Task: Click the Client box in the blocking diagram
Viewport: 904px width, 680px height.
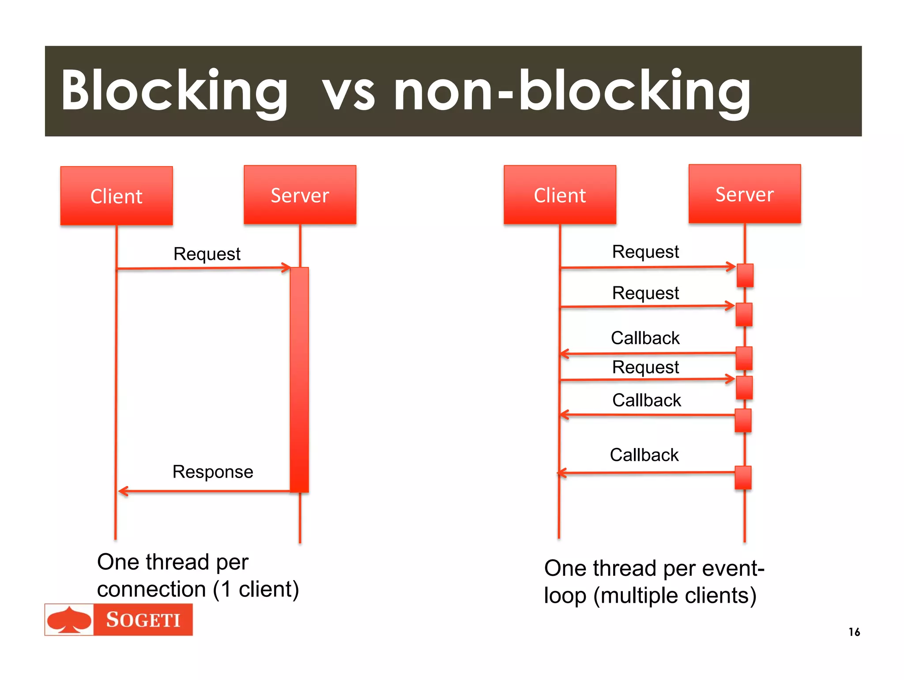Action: pyautogui.click(x=117, y=196)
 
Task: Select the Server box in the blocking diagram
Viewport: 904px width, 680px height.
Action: pyautogui.click(x=300, y=195)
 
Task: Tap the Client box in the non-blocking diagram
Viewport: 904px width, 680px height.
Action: pyautogui.click(x=560, y=195)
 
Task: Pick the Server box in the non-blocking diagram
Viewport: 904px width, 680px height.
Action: pyautogui.click(x=745, y=194)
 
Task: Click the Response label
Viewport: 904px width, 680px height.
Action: pyautogui.click(x=213, y=472)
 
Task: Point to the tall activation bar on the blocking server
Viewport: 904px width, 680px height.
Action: pyautogui.click(x=299, y=380)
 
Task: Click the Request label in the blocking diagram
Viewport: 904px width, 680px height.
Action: pyautogui.click(x=207, y=254)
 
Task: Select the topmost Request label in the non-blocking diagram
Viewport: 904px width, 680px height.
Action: pyautogui.click(x=645, y=252)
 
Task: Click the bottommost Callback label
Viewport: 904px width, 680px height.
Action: pyautogui.click(x=644, y=455)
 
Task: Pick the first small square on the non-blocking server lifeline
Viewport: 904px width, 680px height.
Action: pyautogui.click(x=745, y=275)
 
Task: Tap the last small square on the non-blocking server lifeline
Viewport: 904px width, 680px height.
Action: pyautogui.click(x=743, y=478)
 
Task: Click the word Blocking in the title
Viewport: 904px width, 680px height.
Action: pyautogui.click(x=174, y=91)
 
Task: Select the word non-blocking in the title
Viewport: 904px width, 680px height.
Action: pyautogui.click(x=572, y=91)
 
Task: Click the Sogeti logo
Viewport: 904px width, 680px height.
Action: pyautogui.click(x=118, y=619)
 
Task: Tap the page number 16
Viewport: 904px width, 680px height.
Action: pyautogui.click(x=854, y=632)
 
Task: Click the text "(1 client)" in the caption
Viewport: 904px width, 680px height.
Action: pyautogui.click(x=256, y=589)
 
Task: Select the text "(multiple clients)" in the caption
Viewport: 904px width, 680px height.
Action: pyautogui.click(x=675, y=596)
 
